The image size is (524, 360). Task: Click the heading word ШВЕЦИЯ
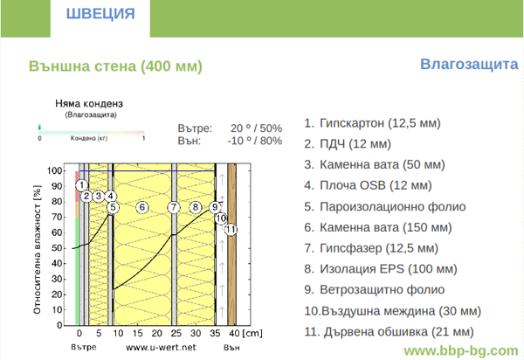pos(100,14)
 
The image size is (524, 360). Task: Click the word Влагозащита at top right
pos(469,64)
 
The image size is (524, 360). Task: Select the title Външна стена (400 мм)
pos(115,66)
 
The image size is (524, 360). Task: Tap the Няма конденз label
pos(89,103)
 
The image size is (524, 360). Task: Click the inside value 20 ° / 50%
pos(256,128)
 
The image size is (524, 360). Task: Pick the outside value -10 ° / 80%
pos(255,141)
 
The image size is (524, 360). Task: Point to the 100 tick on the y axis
pos(54,170)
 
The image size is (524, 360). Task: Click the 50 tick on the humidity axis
pos(57,248)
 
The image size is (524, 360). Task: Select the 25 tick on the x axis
pos(176,333)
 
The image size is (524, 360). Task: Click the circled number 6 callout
pos(142,207)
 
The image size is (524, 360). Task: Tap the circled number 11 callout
pos(231,229)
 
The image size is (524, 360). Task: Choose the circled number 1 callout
pos(81,185)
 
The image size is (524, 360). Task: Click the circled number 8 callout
pos(196,207)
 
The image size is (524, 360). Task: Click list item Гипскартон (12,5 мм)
pos(372,123)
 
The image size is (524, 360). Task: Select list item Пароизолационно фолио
pos(384,206)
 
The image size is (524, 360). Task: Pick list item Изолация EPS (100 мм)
pos(380,269)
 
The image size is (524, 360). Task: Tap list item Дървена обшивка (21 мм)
pos(389,331)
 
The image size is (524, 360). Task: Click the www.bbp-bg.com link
pos(461,350)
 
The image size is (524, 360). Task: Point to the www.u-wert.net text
pos(161,347)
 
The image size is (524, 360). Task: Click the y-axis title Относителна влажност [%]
pos(37,249)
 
